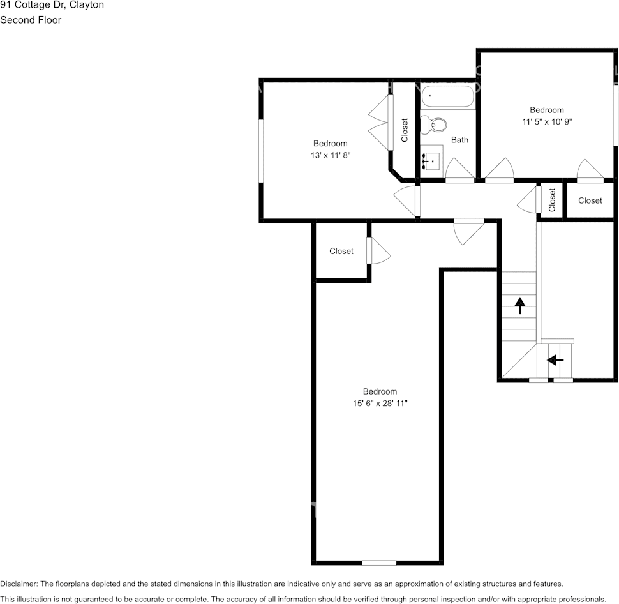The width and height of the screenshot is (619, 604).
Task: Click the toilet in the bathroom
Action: [x=434, y=124]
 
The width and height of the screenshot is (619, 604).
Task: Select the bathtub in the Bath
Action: [x=447, y=97]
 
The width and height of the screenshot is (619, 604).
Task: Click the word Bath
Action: [x=459, y=139]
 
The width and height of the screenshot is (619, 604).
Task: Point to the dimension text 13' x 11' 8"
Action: [x=330, y=155]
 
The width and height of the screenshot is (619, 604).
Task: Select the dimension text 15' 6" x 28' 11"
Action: [x=380, y=403]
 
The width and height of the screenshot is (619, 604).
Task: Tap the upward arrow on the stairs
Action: [x=519, y=306]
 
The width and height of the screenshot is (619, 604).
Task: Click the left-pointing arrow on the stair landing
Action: [x=555, y=360]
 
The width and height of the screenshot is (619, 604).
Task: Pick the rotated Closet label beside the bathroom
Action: [x=405, y=130]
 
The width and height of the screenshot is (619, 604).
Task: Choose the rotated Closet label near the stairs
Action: [x=553, y=200]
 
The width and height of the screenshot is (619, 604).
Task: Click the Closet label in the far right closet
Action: [x=590, y=200]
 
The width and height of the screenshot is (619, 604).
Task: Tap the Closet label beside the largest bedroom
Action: [x=341, y=251]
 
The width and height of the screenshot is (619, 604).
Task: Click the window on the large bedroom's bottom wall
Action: [x=379, y=562]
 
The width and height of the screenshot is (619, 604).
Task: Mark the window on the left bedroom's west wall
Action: [x=260, y=151]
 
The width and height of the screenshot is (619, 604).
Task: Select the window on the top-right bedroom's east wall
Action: [x=616, y=115]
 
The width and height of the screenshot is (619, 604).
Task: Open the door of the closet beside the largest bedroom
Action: [x=378, y=251]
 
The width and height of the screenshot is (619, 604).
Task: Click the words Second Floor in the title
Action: [x=31, y=20]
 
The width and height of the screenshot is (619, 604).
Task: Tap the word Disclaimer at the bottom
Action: [x=19, y=584]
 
